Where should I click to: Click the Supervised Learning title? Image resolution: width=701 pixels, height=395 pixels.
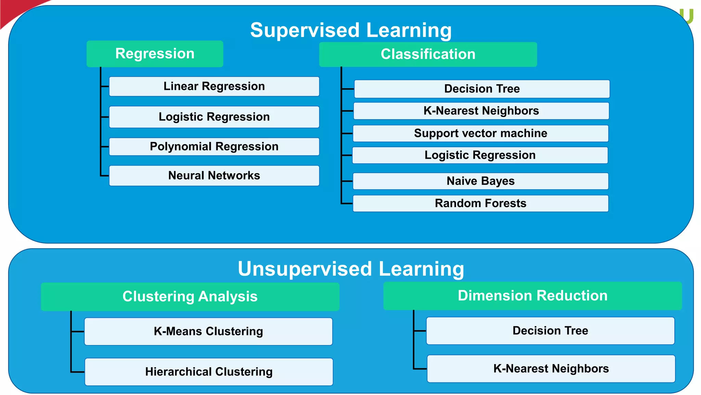point(351,30)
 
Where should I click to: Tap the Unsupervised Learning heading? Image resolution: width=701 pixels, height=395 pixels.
point(351,268)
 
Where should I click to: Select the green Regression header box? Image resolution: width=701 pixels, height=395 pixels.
point(155,54)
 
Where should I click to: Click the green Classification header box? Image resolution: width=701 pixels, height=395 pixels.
point(428,54)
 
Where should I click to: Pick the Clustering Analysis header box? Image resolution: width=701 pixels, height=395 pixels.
point(190,297)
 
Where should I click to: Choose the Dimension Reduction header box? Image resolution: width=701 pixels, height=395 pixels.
point(533,296)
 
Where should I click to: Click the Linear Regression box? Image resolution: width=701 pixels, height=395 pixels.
point(214,86)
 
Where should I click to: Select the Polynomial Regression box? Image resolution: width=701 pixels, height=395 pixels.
point(214,147)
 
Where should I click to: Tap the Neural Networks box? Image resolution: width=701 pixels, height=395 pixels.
point(214,176)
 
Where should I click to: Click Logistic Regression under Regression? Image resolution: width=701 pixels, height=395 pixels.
point(214,117)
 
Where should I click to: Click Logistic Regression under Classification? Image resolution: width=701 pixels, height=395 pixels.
point(480,155)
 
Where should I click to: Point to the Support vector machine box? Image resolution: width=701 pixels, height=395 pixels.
point(481,133)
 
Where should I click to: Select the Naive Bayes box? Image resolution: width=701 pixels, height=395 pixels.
point(481,181)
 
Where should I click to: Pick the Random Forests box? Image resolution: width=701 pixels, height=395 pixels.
point(481,203)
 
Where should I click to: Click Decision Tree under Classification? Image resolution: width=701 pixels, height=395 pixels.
point(482,89)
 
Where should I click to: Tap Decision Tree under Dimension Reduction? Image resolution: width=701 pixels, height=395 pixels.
point(550,331)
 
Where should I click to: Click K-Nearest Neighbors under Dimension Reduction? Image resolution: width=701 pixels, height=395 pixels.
point(551,369)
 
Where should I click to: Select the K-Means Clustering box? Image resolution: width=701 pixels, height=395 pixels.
point(208,331)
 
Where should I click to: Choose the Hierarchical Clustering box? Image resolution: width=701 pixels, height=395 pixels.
point(209,372)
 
